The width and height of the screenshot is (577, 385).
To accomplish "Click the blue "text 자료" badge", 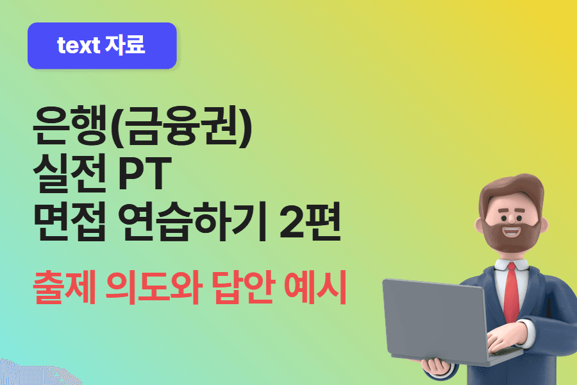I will [x=102, y=46].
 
